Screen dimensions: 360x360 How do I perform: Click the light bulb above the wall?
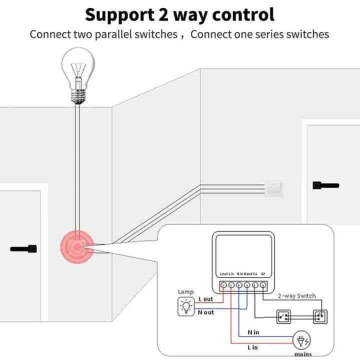[x=77, y=77]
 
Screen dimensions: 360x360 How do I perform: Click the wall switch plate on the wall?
[x=274, y=187]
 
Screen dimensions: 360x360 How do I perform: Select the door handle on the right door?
[x=325, y=185]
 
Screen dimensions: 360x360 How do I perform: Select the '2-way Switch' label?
[x=297, y=295]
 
